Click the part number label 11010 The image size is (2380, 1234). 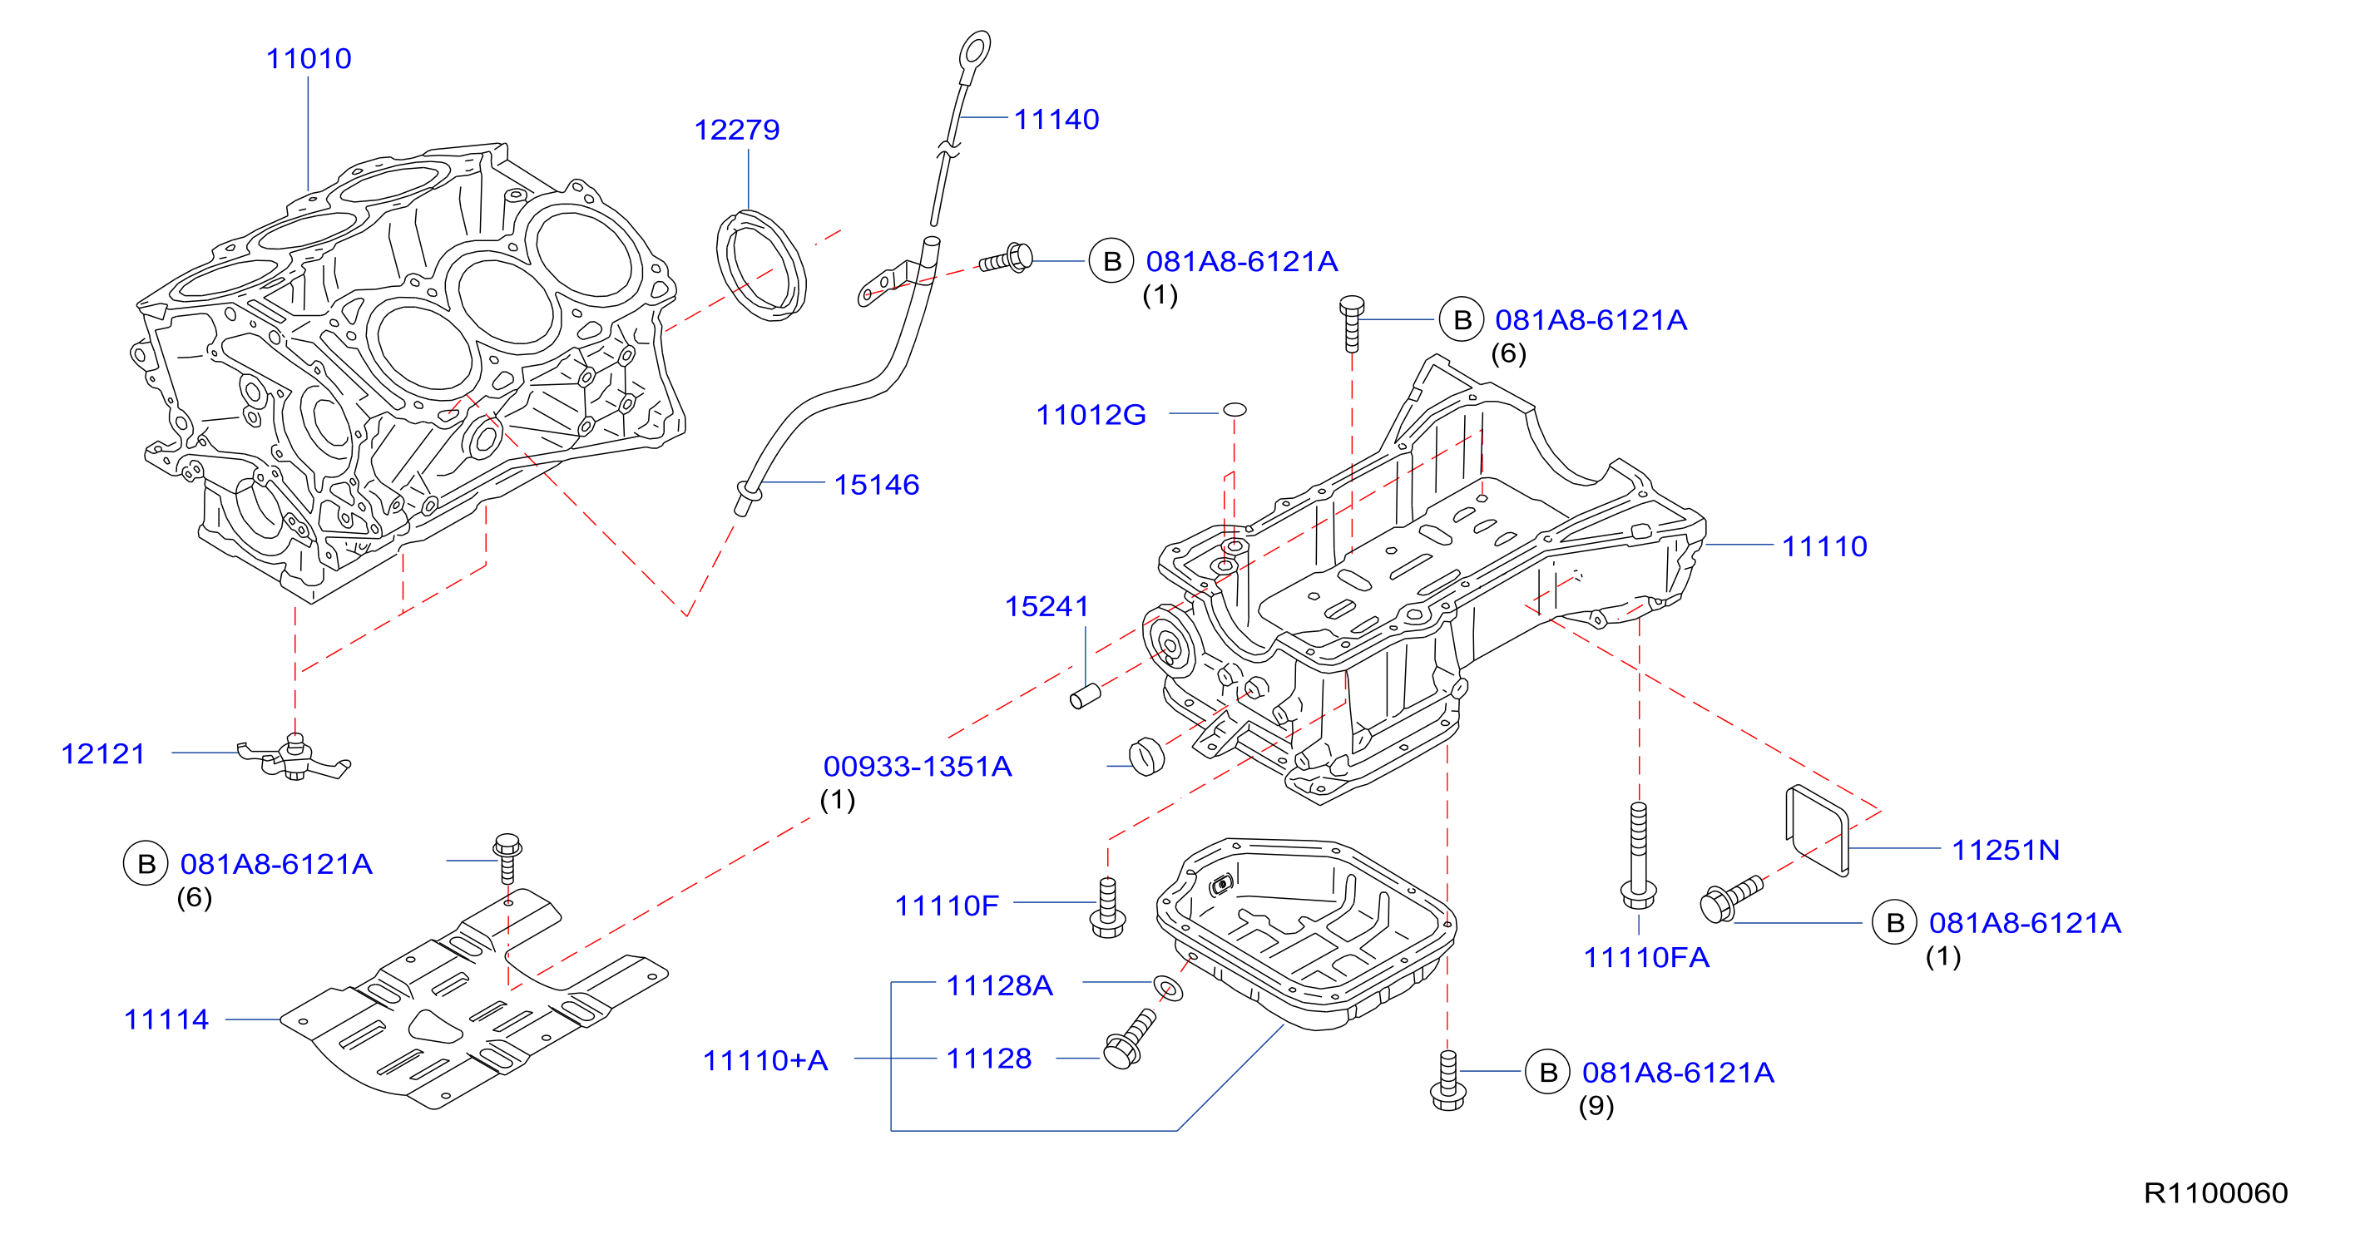point(309,58)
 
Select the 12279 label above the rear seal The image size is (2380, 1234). point(736,130)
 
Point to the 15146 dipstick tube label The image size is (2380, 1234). point(876,485)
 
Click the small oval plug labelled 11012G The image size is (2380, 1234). point(1235,409)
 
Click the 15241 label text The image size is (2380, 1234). point(1047,606)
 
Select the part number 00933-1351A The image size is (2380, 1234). point(918,766)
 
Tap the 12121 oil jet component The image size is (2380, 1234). point(294,758)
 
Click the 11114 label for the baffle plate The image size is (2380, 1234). point(166,1019)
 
